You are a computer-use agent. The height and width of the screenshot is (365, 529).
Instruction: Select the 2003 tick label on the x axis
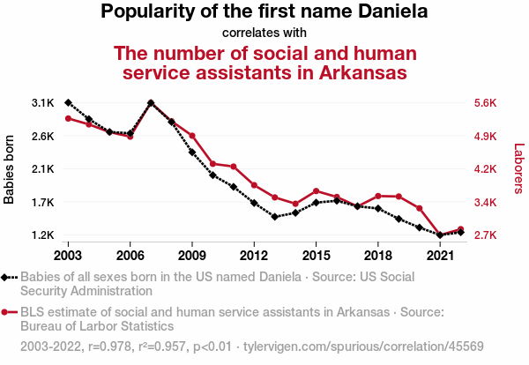click(68, 255)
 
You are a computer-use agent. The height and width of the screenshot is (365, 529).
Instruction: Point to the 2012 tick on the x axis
click(254, 255)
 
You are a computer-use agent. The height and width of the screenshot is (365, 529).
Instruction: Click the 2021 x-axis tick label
click(440, 255)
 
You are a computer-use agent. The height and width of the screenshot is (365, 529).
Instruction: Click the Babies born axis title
click(10, 169)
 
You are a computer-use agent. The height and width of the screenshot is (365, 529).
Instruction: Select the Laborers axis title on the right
click(519, 169)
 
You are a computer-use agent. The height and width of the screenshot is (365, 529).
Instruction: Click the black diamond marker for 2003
click(68, 103)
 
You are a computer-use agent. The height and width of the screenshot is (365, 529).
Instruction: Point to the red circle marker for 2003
click(68, 118)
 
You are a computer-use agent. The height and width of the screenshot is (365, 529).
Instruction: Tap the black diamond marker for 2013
click(274, 217)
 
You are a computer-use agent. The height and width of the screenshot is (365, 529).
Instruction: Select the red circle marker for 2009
click(192, 136)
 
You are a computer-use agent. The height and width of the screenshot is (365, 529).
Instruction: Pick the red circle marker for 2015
click(316, 191)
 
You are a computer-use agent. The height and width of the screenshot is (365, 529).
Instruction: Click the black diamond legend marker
click(6, 277)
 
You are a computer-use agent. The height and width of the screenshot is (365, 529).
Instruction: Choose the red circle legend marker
click(6, 312)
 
